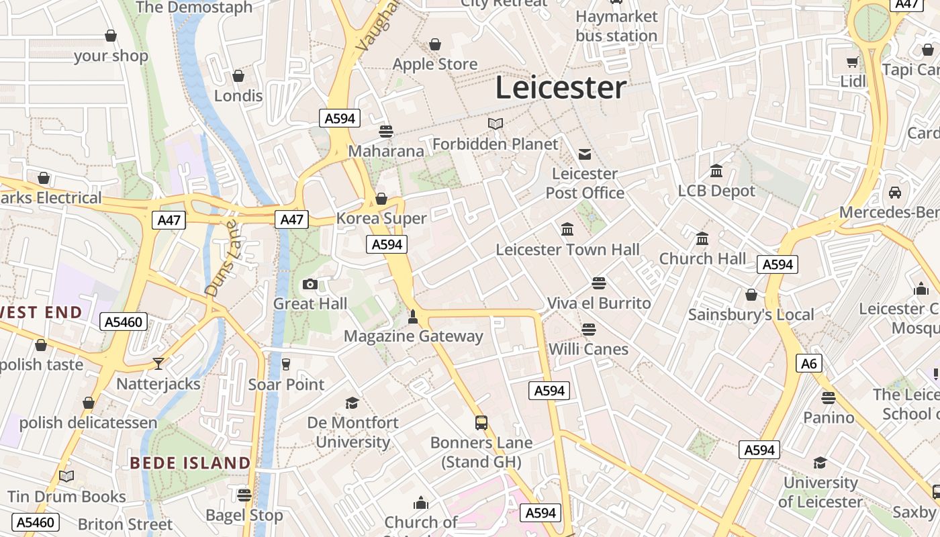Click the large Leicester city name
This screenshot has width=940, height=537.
click(561, 88)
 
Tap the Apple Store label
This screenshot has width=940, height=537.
click(435, 64)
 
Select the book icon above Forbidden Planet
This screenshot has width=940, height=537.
click(496, 124)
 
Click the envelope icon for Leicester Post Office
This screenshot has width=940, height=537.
click(585, 154)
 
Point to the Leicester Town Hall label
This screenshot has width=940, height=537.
click(567, 250)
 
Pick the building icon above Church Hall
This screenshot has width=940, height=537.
click(702, 238)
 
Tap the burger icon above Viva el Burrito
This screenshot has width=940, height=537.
click(599, 283)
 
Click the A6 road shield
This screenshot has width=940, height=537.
click(810, 364)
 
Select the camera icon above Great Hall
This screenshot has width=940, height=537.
click(310, 284)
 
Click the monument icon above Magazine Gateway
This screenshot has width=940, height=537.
click(413, 316)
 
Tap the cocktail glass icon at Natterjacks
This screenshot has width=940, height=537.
click(158, 364)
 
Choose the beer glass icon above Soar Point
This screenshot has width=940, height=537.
click(286, 364)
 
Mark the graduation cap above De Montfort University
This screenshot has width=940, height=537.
click(352, 403)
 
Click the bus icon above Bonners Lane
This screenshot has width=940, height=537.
click(481, 422)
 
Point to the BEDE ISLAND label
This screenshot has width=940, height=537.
click(190, 463)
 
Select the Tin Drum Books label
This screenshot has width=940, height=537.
click(66, 497)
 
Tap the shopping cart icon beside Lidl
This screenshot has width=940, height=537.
click(852, 62)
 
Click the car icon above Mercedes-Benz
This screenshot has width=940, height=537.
click(894, 193)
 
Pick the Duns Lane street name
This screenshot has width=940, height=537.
click(222, 258)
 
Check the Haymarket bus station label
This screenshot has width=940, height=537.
click(616, 26)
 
